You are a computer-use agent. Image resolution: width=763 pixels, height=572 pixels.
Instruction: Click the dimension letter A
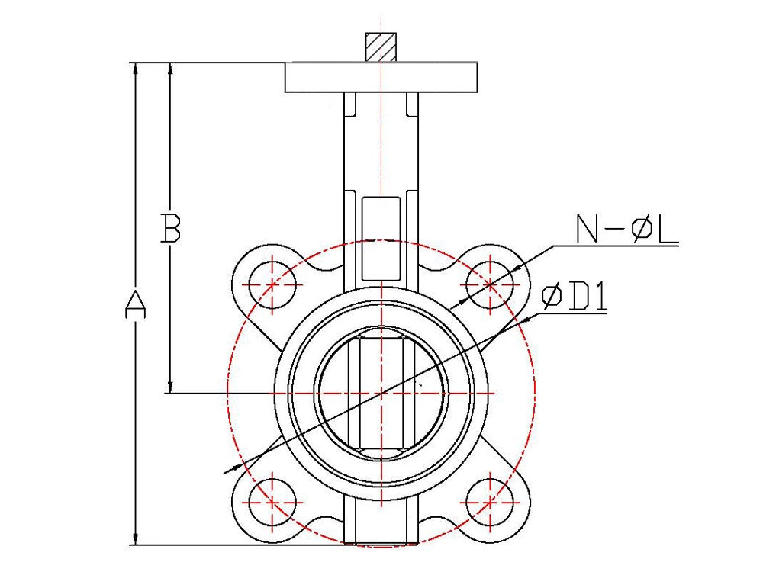click(x=136, y=304)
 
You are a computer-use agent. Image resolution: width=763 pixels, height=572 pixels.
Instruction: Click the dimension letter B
click(x=171, y=227)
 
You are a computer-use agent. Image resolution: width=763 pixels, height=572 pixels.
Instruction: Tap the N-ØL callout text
click(x=626, y=229)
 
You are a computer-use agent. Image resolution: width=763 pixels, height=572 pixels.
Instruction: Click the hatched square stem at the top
click(x=381, y=47)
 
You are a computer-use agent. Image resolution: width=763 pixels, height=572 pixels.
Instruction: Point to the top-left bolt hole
click(x=272, y=284)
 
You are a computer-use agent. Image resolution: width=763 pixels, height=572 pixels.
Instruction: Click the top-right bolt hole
click(x=490, y=284)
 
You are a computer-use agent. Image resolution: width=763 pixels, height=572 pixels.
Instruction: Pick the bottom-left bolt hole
click(x=272, y=502)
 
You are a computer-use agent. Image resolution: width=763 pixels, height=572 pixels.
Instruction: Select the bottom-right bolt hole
click(x=490, y=502)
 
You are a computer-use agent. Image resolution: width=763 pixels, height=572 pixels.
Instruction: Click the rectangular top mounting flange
click(x=381, y=77)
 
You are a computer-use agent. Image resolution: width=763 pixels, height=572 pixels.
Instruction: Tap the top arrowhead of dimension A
click(x=136, y=69)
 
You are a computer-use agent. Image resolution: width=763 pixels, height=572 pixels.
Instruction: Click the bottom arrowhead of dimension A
click(x=136, y=539)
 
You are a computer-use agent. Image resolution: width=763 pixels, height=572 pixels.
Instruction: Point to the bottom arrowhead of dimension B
click(x=170, y=387)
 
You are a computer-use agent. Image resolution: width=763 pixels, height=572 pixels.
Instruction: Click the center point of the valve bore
click(x=381, y=393)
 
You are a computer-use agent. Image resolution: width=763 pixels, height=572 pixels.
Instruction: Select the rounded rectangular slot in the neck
click(x=381, y=238)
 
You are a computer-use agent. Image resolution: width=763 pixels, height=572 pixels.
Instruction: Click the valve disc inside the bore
click(x=381, y=393)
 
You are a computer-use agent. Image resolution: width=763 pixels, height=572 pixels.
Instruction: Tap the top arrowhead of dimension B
click(x=170, y=69)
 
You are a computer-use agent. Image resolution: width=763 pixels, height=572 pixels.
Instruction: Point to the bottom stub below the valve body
click(x=381, y=519)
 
